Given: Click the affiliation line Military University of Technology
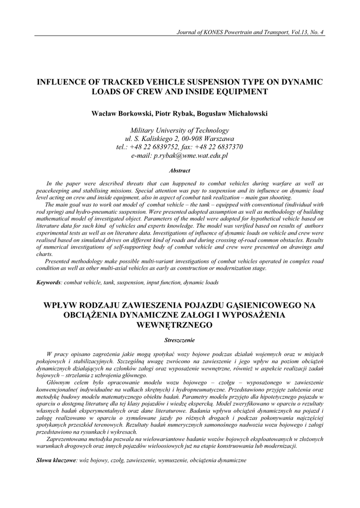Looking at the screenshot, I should click(x=180, y=130).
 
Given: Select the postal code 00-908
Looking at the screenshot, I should click(x=196, y=138).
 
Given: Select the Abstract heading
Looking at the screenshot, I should click(x=180, y=171).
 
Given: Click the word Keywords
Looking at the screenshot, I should click(x=49, y=282).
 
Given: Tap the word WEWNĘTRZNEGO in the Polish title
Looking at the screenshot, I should click(x=180, y=325).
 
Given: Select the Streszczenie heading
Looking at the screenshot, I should click(x=180, y=340).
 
